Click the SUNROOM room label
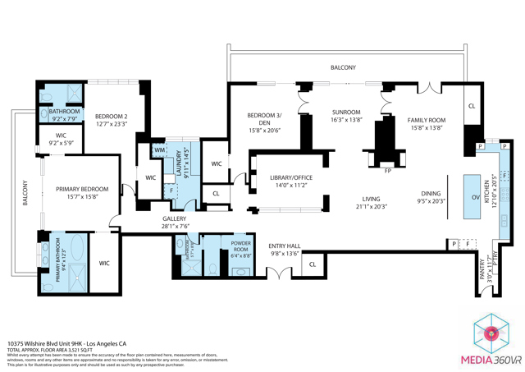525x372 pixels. pyautogui.click(x=346, y=112)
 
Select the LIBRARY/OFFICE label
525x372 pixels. pyautogui.click(x=290, y=177)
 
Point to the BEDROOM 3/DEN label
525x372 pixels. pyautogui.click(x=264, y=116)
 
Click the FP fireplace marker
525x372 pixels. pyautogui.click(x=387, y=171)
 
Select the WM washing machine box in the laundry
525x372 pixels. pyautogui.click(x=158, y=150)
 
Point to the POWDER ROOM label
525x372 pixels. pyautogui.click(x=241, y=243)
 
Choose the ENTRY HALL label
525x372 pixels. pyautogui.click(x=285, y=246)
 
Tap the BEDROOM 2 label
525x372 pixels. pyautogui.click(x=110, y=117)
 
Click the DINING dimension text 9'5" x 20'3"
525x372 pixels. pyautogui.click(x=430, y=200)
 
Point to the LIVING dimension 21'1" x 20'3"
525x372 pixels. pyautogui.click(x=372, y=206)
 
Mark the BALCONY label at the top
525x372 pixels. pyautogui.click(x=343, y=67)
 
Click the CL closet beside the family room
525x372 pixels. pyautogui.click(x=471, y=107)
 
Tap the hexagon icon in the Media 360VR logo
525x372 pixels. pyautogui.click(x=492, y=333)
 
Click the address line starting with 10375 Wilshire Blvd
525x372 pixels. pyautogui.click(x=67, y=345)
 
